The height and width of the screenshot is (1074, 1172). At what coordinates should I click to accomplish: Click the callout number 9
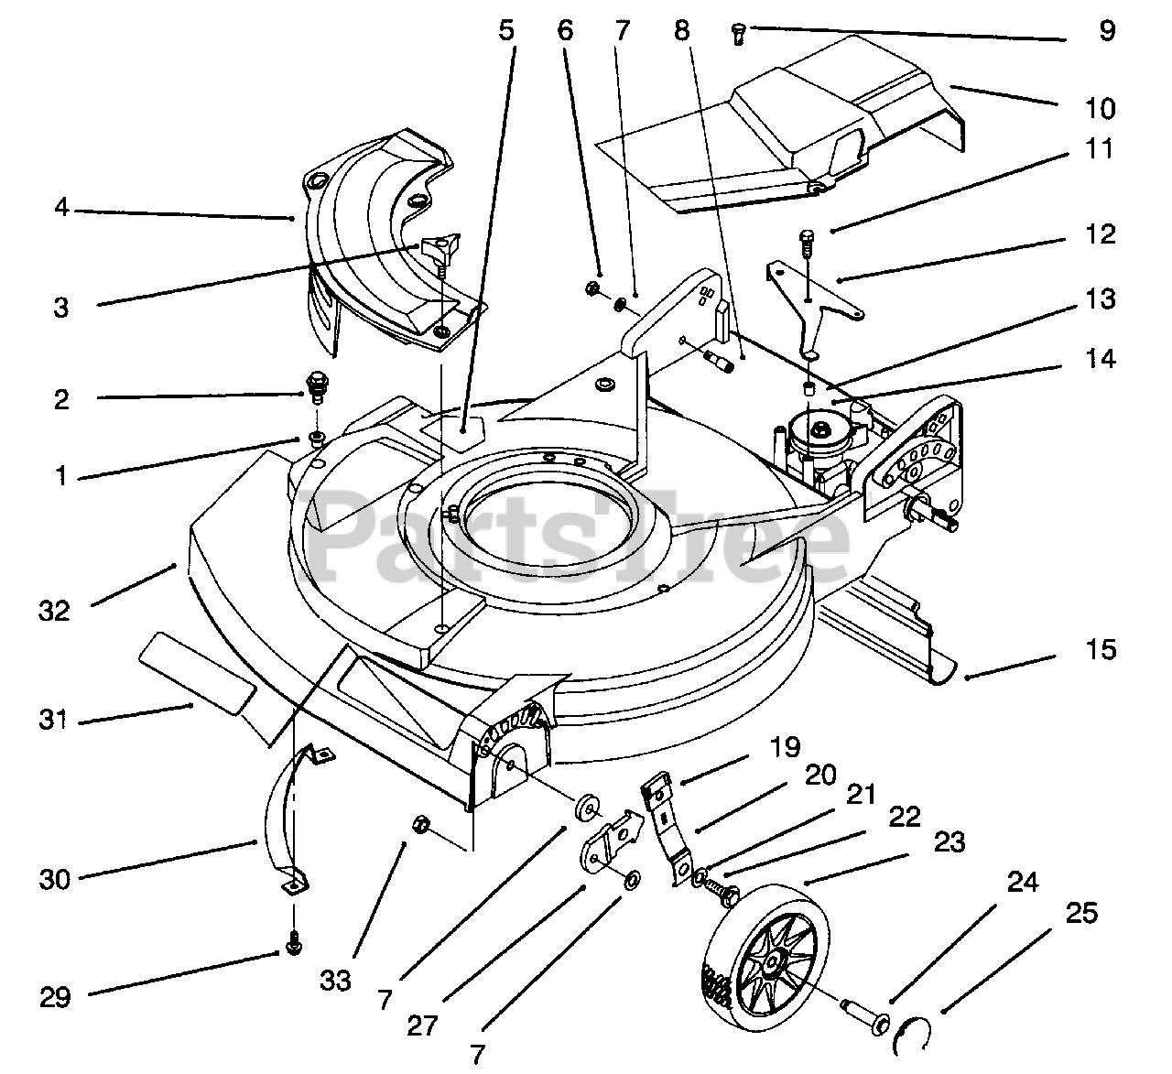click(x=1107, y=31)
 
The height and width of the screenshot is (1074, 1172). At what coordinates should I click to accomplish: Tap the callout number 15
click(x=1103, y=650)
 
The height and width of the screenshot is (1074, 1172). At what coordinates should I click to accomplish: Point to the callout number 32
click(x=55, y=610)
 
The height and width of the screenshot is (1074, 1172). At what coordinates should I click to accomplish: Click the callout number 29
click(x=56, y=996)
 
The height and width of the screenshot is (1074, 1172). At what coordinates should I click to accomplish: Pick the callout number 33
click(x=336, y=981)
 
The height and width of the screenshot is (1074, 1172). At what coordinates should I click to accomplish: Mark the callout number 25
click(x=1080, y=913)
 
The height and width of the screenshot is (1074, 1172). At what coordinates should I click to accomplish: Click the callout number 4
click(x=61, y=208)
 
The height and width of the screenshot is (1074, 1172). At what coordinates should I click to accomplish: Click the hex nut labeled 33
click(x=414, y=824)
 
